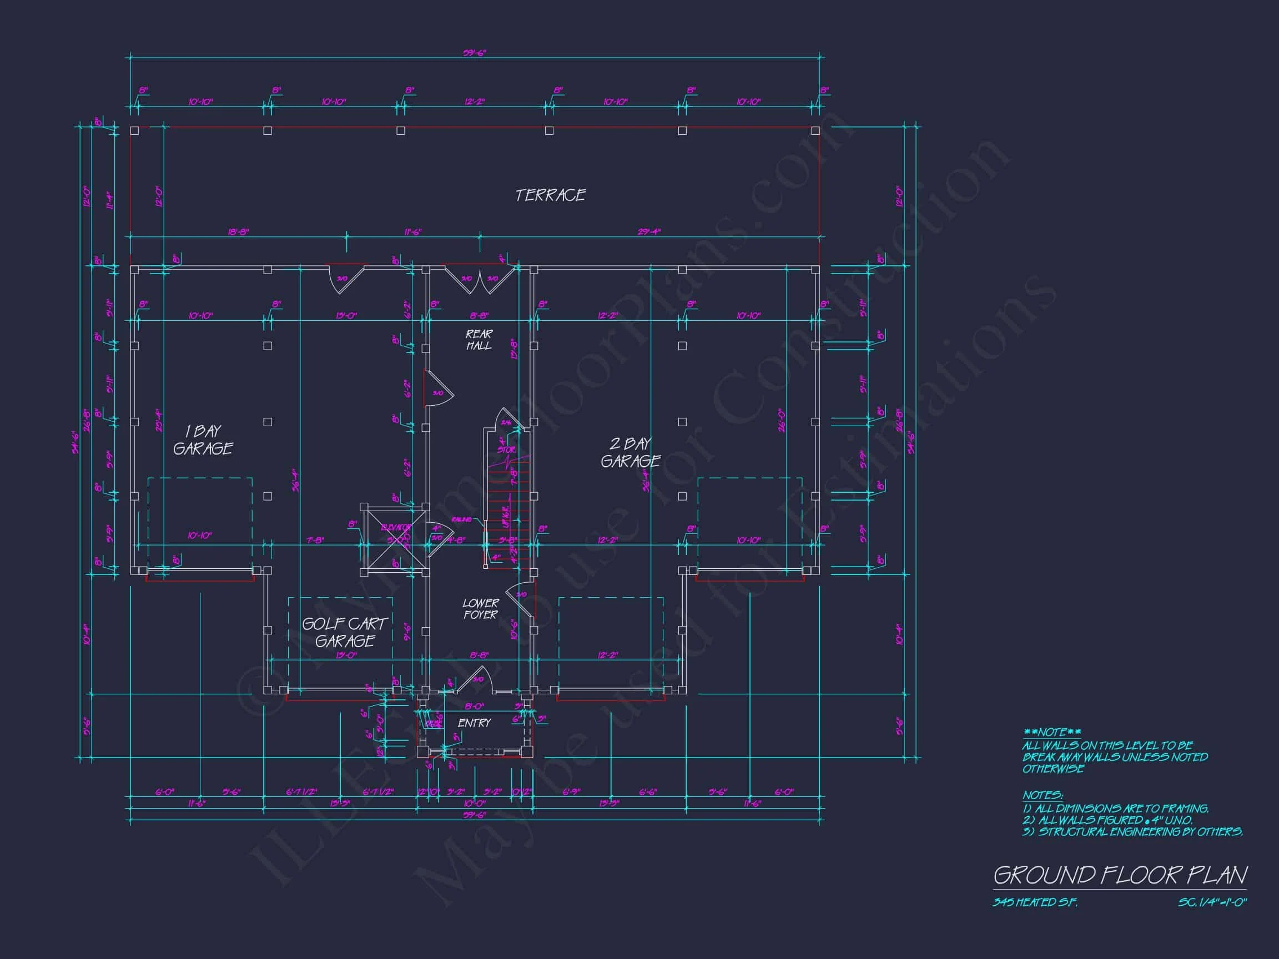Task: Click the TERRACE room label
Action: point(551,195)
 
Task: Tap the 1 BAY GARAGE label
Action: point(203,440)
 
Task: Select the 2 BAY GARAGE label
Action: point(630,453)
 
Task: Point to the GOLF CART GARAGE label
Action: point(345,633)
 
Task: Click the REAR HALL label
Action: point(479,340)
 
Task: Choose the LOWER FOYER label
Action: point(480,609)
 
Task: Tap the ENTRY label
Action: point(474,723)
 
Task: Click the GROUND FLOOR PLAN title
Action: point(1120,875)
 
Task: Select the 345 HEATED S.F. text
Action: point(1035,902)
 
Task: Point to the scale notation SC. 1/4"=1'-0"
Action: point(1212,902)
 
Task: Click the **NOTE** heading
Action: point(1052,733)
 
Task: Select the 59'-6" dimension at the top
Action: point(474,53)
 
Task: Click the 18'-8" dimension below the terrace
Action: point(238,232)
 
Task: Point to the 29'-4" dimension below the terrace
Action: point(649,232)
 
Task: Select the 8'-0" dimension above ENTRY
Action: point(474,706)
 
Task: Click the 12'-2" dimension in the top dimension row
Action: point(475,102)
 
